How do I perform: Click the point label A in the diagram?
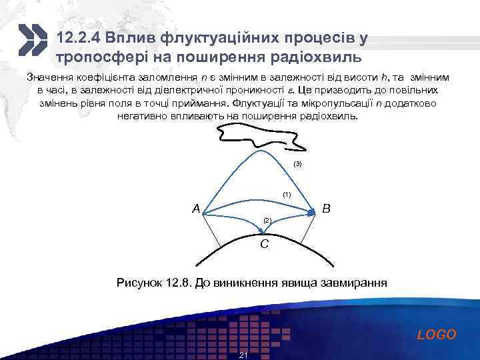[196, 209]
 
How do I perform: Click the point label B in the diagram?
[326, 209]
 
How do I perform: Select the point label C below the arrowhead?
[265, 245]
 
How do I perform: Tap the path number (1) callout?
[287, 194]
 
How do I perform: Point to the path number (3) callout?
[297, 163]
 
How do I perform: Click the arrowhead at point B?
[311, 212]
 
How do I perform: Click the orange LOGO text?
[437, 335]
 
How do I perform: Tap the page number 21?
[243, 355]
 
